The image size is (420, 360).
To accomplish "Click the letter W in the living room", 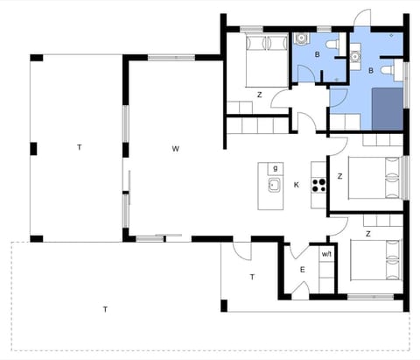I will coord(175,149).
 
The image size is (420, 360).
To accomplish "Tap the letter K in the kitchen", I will coord(297,184).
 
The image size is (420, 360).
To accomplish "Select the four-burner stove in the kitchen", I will coord(318,185).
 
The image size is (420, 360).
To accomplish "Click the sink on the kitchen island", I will coord(274,184).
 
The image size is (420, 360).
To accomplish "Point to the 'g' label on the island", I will coord(275,167).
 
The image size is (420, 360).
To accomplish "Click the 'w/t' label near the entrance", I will coord(326,254).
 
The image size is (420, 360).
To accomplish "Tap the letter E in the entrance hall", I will coord(303,270).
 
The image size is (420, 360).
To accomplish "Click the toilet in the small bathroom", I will coord(330,46).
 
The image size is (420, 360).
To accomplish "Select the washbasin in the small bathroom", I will coord(302,40).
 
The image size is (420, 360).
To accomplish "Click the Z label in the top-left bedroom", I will coord(259,95).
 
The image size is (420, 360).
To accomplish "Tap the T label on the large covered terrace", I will coord(79,147).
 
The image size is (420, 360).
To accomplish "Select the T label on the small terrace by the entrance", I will coord(252,277).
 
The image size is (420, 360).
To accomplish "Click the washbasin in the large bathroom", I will coord(358,53).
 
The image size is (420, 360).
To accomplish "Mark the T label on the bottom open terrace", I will coord(105,308).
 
